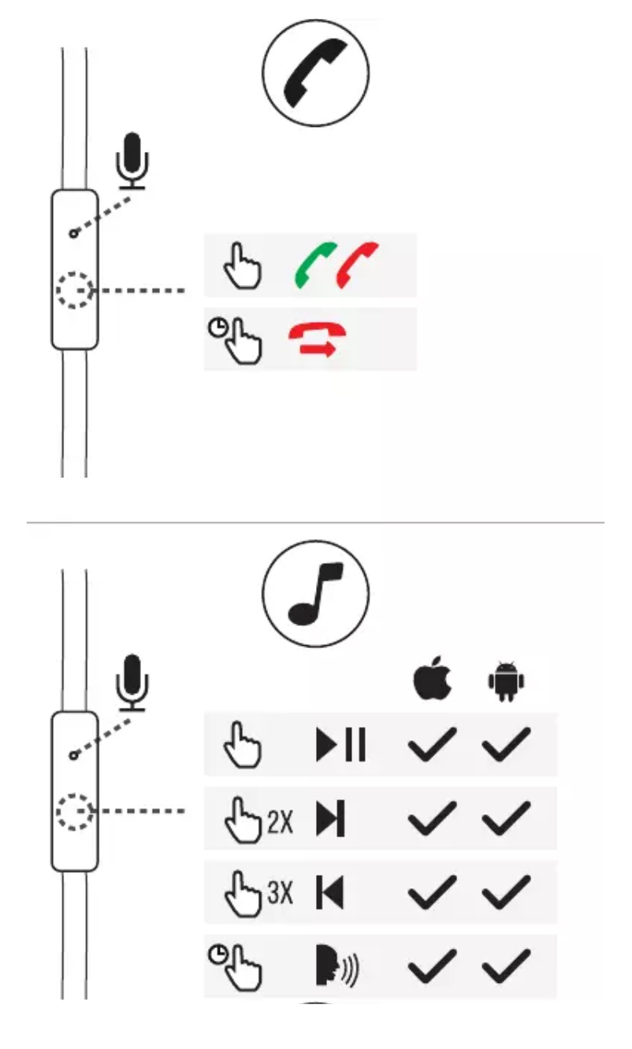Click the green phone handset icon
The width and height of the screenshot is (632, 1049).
click(315, 265)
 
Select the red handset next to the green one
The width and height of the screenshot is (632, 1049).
click(357, 265)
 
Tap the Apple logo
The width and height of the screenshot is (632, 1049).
click(433, 677)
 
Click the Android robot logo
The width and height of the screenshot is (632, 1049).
click(506, 681)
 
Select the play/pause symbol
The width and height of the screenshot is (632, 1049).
click(340, 744)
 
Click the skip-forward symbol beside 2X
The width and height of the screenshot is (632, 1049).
click(330, 818)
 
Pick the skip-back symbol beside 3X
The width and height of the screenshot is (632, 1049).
click(330, 892)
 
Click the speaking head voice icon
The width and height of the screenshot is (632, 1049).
click(336, 966)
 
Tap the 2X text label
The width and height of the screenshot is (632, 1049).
click(281, 821)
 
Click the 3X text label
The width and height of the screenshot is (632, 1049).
click(281, 892)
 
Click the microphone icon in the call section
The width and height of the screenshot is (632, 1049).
click(132, 161)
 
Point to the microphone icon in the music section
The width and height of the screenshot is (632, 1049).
click(132, 683)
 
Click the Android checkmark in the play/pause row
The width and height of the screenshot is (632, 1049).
click(506, 744)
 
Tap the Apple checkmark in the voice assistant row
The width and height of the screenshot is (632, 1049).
click(432, 966)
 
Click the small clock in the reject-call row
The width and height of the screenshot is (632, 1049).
click(217, 328)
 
